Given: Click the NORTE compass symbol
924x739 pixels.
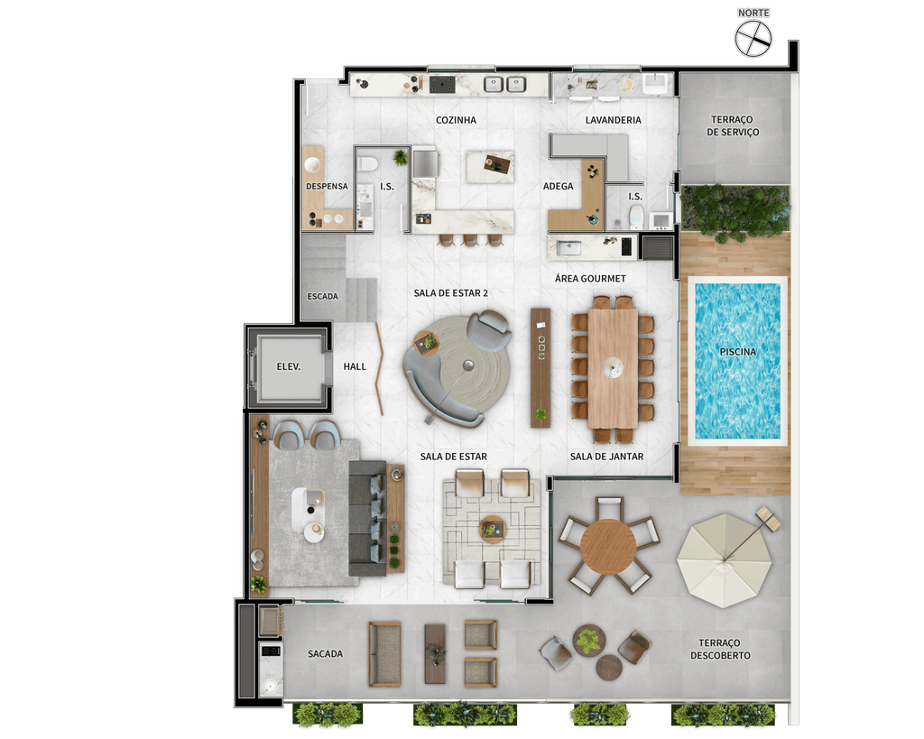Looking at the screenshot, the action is click(x=753, y=39).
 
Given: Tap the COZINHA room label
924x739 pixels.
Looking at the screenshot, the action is click(x=456, y=120).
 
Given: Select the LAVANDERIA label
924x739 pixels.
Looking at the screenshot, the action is click(x=613, y=120).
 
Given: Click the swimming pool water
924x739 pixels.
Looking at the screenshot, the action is click(x=737, y=361).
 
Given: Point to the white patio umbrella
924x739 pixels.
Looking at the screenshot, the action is click(x=725, y=560).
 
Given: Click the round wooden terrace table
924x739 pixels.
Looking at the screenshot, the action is click(x=608, y=546).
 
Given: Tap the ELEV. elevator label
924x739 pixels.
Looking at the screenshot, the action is click(x=288, y=366).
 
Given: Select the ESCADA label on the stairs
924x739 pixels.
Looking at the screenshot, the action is click(x=322, y=297).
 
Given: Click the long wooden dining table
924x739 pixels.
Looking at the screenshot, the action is click(x=613, y=369).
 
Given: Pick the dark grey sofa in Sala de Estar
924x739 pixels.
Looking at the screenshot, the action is click(x=367, y=519).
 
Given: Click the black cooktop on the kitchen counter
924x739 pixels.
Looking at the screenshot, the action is click(x=442, y=84).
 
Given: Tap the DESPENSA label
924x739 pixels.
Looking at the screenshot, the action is click(x=327, y=186).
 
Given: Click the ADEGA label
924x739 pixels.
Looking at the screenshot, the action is click(x=558, y=186).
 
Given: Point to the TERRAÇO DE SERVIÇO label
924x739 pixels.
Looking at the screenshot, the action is click(x=733, y=126).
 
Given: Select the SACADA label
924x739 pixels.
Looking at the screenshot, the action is click(x=325, y=653).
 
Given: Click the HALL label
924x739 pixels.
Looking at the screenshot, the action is click(x=355, y=366).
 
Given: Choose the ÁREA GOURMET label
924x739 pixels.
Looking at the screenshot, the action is click(x=590, y=279).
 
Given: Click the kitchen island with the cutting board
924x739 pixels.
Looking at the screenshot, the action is click(x=490, y=167).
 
